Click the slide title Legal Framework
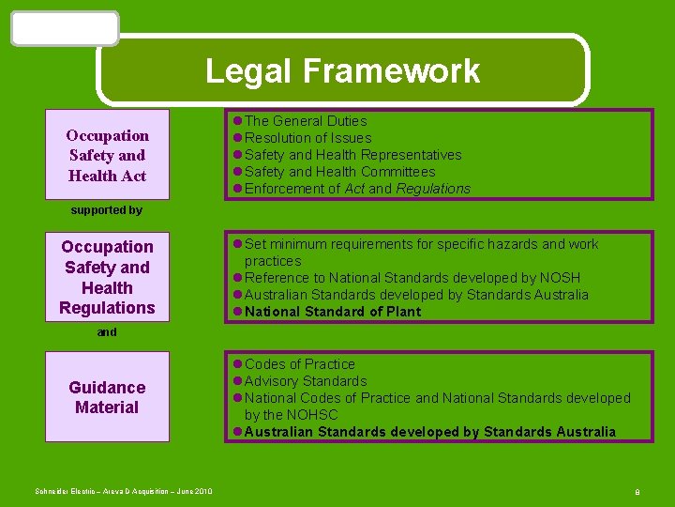point(342,71)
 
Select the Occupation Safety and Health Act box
point(107,155)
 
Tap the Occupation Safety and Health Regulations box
point(107,277)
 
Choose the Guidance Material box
point(107,397)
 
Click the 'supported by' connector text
point(107,210)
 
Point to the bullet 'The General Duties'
point(306,121)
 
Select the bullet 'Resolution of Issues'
point(307,138)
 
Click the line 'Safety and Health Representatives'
point(352,155)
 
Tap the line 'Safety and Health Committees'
point(339,172)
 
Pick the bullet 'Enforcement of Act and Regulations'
point(357,189)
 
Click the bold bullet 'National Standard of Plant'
point(333,312)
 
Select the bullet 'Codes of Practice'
point(300,364)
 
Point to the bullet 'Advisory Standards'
point(306,381)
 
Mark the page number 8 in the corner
point(637,492)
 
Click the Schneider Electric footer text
point(124,492)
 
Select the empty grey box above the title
point(65,28)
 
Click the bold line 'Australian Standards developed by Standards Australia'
point(430,432)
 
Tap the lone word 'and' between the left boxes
point(107,331)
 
